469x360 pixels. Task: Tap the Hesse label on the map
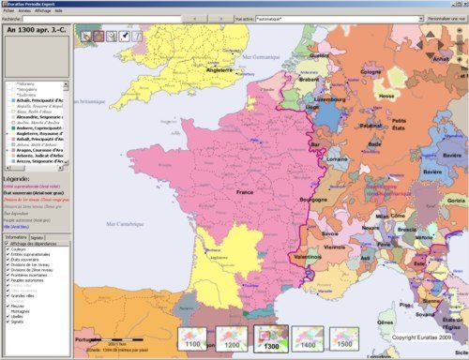tap(386, 95)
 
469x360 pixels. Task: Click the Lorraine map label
tap(335, 163)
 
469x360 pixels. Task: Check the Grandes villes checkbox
tap(8, 295)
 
